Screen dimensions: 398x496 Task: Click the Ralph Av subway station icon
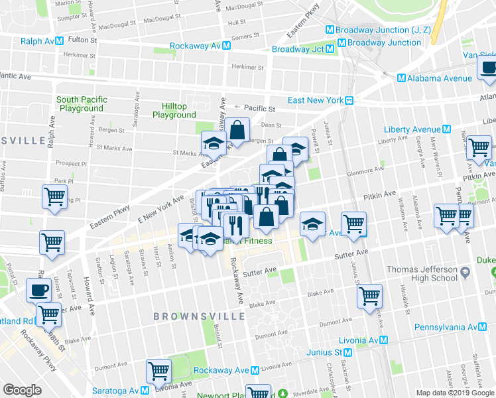point(60,40)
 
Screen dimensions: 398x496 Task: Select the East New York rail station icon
point(347,101)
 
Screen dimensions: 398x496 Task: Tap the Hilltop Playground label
point(174,111)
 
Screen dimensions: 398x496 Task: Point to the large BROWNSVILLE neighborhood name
point(200,316)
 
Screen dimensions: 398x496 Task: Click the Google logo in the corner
point(22,390)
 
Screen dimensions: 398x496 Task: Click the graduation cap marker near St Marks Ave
point(214,143)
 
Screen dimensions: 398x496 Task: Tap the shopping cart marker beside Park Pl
point(54,197)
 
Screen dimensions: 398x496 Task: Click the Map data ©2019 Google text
point(454,393)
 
